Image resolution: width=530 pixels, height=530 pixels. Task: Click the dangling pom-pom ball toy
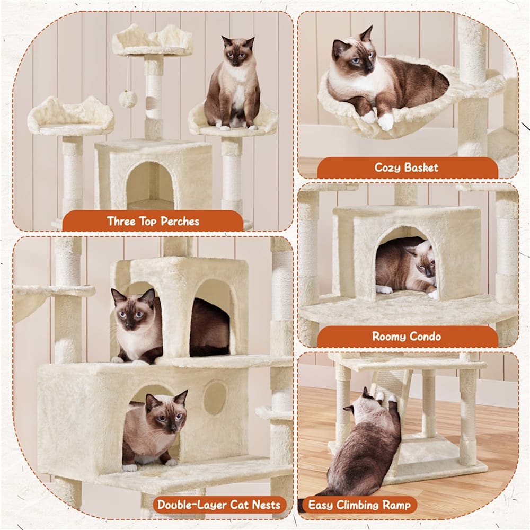(128, 99)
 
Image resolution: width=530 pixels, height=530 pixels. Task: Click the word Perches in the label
(180, 222)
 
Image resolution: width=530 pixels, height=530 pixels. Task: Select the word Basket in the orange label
(421, 167)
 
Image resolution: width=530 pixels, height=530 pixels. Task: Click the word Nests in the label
(267, 505)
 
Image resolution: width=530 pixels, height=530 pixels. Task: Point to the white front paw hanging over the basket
(386, 122)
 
